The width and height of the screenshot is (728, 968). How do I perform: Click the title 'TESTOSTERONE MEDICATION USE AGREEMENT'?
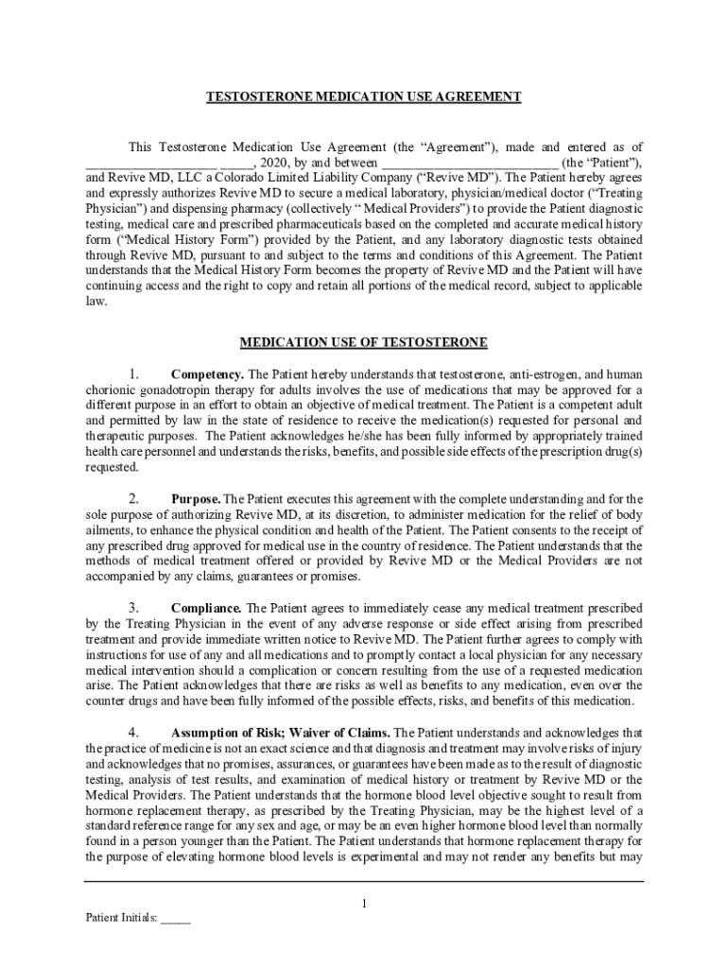[364, 97]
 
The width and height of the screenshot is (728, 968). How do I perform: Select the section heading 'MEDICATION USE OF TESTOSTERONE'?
[364, 341]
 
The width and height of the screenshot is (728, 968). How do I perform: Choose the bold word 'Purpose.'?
[196, 498]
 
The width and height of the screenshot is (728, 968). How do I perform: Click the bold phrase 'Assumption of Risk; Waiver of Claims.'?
[280, 733]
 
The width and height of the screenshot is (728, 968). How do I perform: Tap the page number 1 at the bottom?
[364, 904]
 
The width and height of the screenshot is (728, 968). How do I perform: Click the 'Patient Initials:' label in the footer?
[121, 917]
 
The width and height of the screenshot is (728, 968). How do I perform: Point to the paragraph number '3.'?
[134, 608]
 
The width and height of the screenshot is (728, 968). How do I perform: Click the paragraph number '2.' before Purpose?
[134, 498]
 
